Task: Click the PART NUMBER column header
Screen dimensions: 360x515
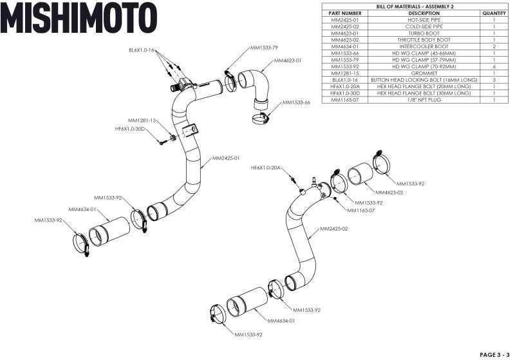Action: tap(344, 13)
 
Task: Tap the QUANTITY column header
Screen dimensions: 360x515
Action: tap(494, 13)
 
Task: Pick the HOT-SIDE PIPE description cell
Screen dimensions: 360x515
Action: tap(424, 20)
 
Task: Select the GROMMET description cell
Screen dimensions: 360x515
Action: tap(424, 73)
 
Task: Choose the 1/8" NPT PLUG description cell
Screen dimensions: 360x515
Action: tap(424, 100)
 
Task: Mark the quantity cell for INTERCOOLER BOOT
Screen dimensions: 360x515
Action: tap(494, 46)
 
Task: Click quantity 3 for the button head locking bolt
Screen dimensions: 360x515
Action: tap(494, 80)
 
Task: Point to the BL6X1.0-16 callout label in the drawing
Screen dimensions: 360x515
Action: tap(142, 49)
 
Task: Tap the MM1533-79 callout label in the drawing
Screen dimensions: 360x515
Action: tap(264, 48)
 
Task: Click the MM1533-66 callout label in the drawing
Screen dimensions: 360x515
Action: tap(296, 102)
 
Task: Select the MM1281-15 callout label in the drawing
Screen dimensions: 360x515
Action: tap(142, 120)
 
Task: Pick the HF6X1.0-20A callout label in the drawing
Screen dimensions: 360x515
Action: tap(267, 167)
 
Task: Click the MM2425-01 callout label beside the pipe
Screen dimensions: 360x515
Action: tap(226, 158)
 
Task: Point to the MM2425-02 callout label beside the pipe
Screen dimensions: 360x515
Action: tap(334, 229)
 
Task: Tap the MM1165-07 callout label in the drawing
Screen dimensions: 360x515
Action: tap(362, 210)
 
